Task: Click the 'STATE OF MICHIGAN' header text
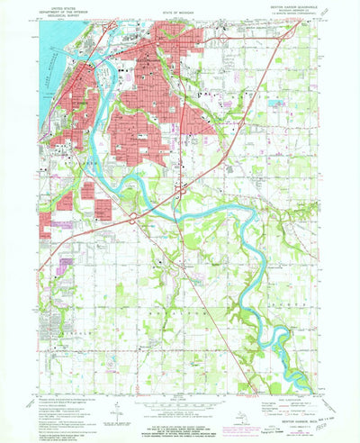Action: [x=180, y=9]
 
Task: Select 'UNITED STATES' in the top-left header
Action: [x=65, y=5]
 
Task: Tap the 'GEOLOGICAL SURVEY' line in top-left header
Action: [x=65, y=14]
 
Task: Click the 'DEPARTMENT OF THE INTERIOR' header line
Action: [x=65, y=9]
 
